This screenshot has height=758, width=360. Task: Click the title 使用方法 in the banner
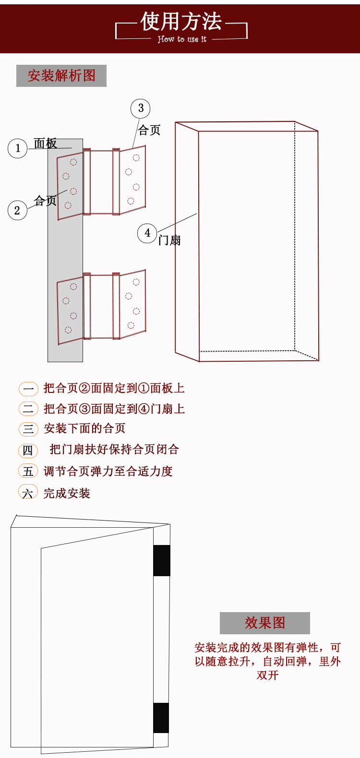[181, 22]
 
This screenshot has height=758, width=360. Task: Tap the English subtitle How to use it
[182, 39]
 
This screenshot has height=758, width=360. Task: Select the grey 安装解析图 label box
[61, 76]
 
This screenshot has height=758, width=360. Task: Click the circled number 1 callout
[18, 148]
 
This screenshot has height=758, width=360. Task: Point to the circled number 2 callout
[17, 210]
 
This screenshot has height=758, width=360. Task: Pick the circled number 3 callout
[141, 108]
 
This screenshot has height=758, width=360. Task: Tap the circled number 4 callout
[147, 233]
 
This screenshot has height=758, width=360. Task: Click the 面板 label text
[46, 143]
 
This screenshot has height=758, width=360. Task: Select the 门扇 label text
[169, 240]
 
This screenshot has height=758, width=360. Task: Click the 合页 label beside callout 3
[149, 130]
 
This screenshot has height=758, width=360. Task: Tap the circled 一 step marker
[28, 389]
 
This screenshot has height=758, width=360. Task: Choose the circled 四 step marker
[28, 450]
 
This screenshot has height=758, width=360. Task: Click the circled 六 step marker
[28, 493]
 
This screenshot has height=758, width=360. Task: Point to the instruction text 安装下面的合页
[84, 428]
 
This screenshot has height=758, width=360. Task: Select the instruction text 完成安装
[67, 493]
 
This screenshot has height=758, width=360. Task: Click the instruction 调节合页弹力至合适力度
[108, 472]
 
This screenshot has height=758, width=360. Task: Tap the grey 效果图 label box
[265, 623]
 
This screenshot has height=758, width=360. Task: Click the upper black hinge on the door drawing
[162, 560]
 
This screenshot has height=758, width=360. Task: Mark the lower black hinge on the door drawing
[161, 718]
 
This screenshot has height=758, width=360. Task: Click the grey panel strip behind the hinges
[65, 249]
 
